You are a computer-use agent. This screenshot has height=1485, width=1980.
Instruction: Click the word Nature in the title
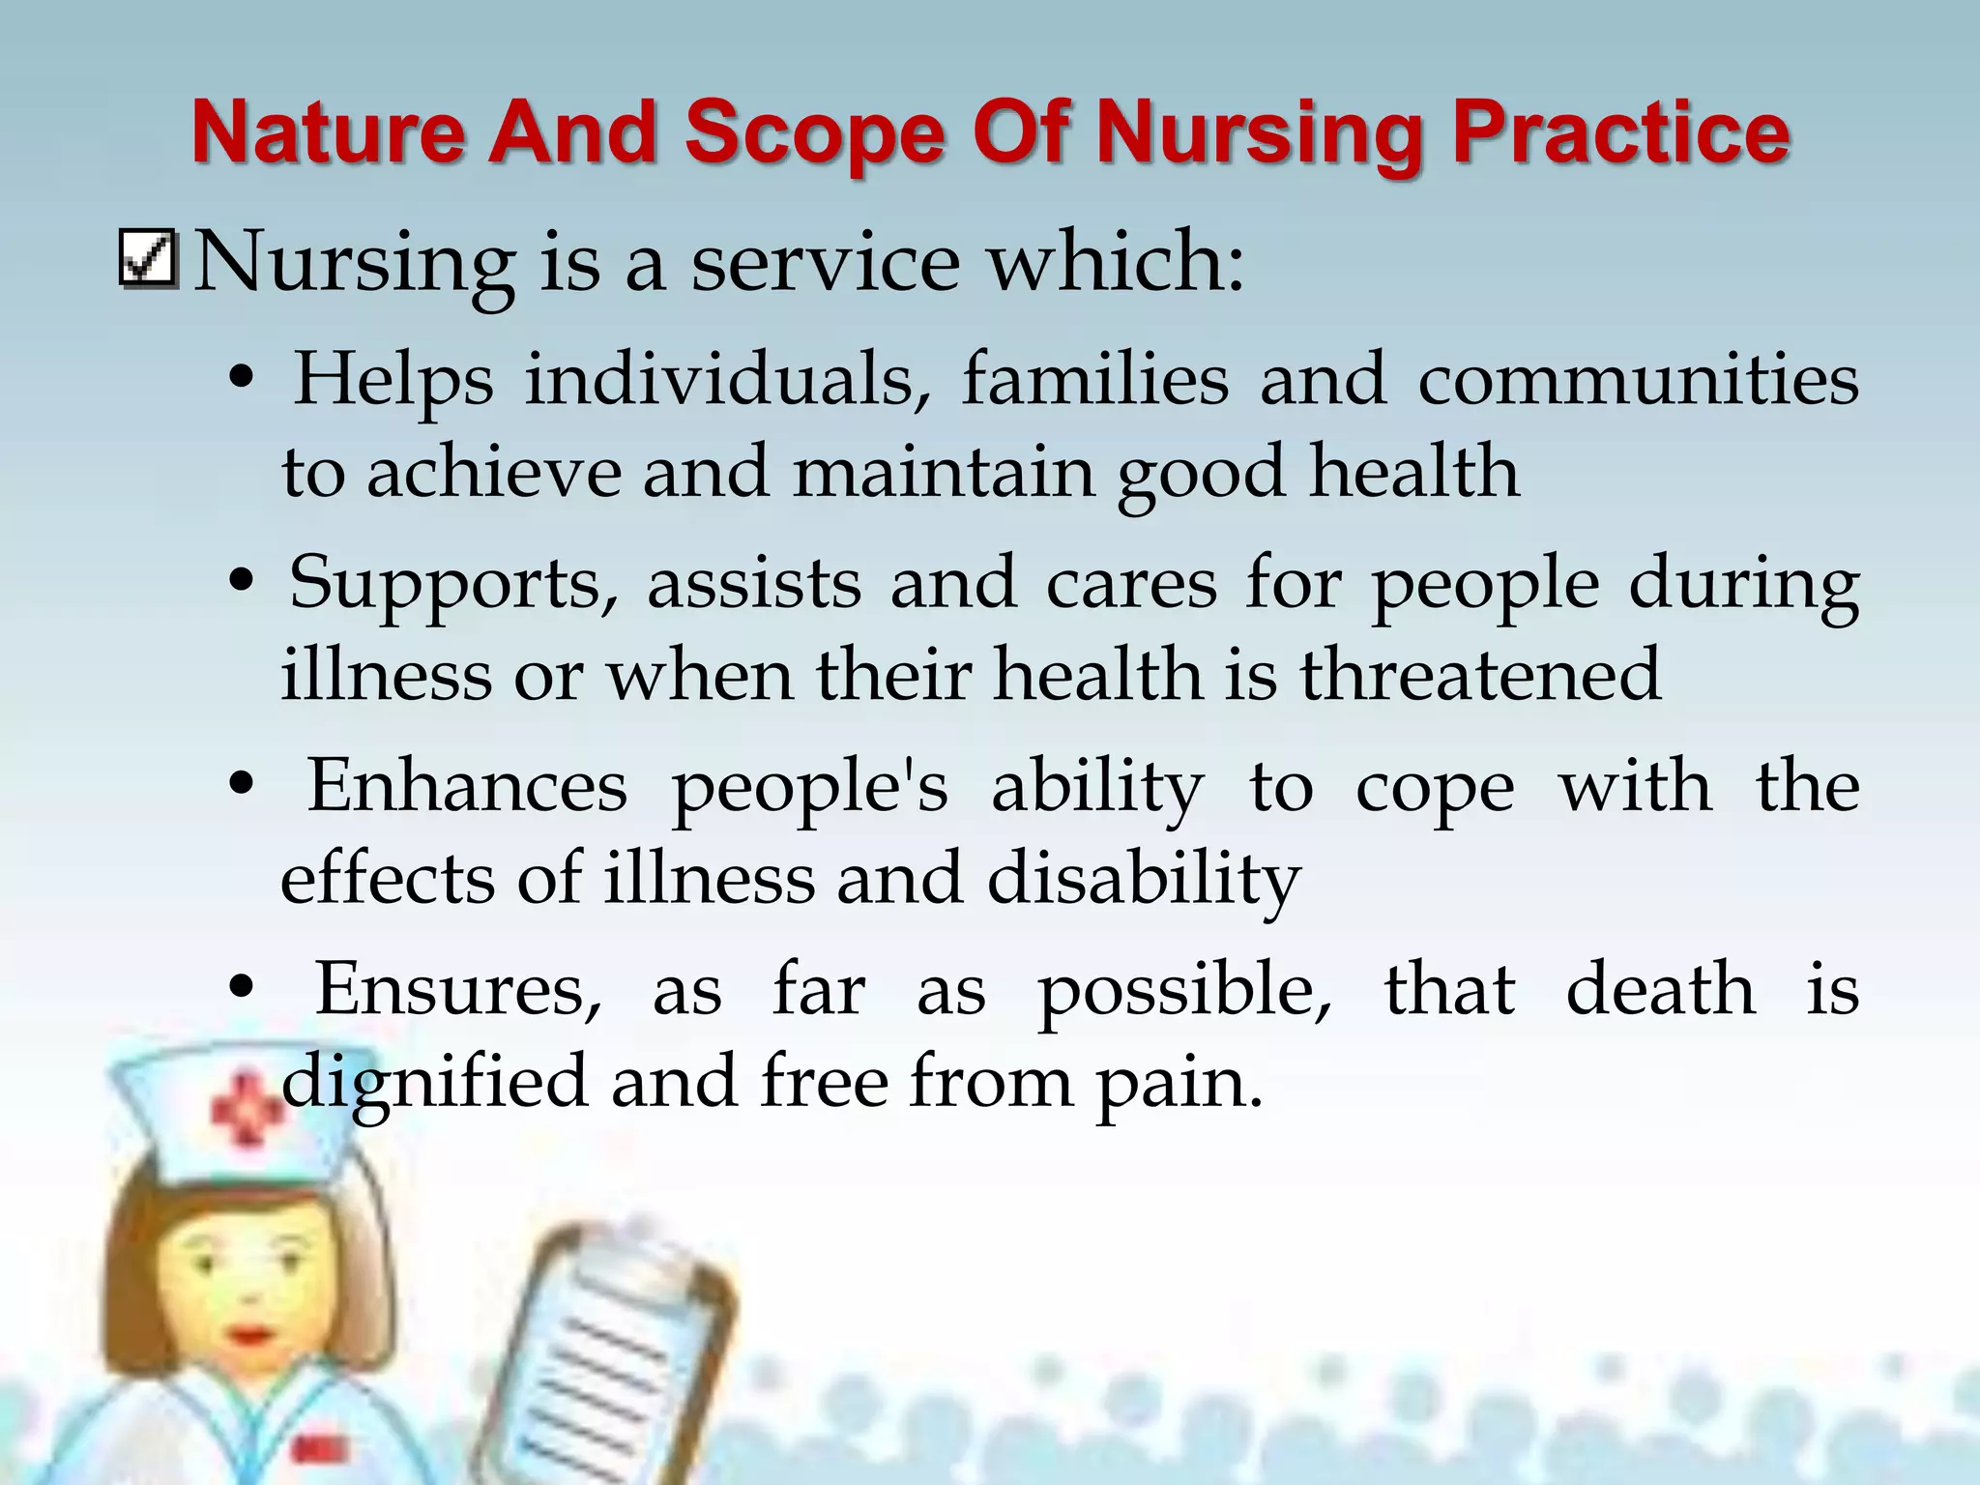pyautogui.click(x=328, y=132)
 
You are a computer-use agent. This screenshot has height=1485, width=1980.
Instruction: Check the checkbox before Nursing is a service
pyautogui.click(x=148, y=259)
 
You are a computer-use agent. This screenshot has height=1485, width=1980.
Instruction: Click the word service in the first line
pyautogui.click(x=825, y=262)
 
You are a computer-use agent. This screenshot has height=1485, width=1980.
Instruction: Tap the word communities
pyautogui.click(x=1638, y=379)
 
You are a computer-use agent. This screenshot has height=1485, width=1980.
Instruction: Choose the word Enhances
pyautogui.click(x=467, y=787)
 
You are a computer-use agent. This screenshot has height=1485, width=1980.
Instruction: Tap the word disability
pyautogui.click(x=1144, y=881)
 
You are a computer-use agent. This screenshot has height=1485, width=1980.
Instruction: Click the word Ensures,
pyautogui.click(x=458, y=991)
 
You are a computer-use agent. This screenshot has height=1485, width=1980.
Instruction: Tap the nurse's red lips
pyautogui.click(x=250, y=1335)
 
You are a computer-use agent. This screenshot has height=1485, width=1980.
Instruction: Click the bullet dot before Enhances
pyautogui.click(x=242, y=787)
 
